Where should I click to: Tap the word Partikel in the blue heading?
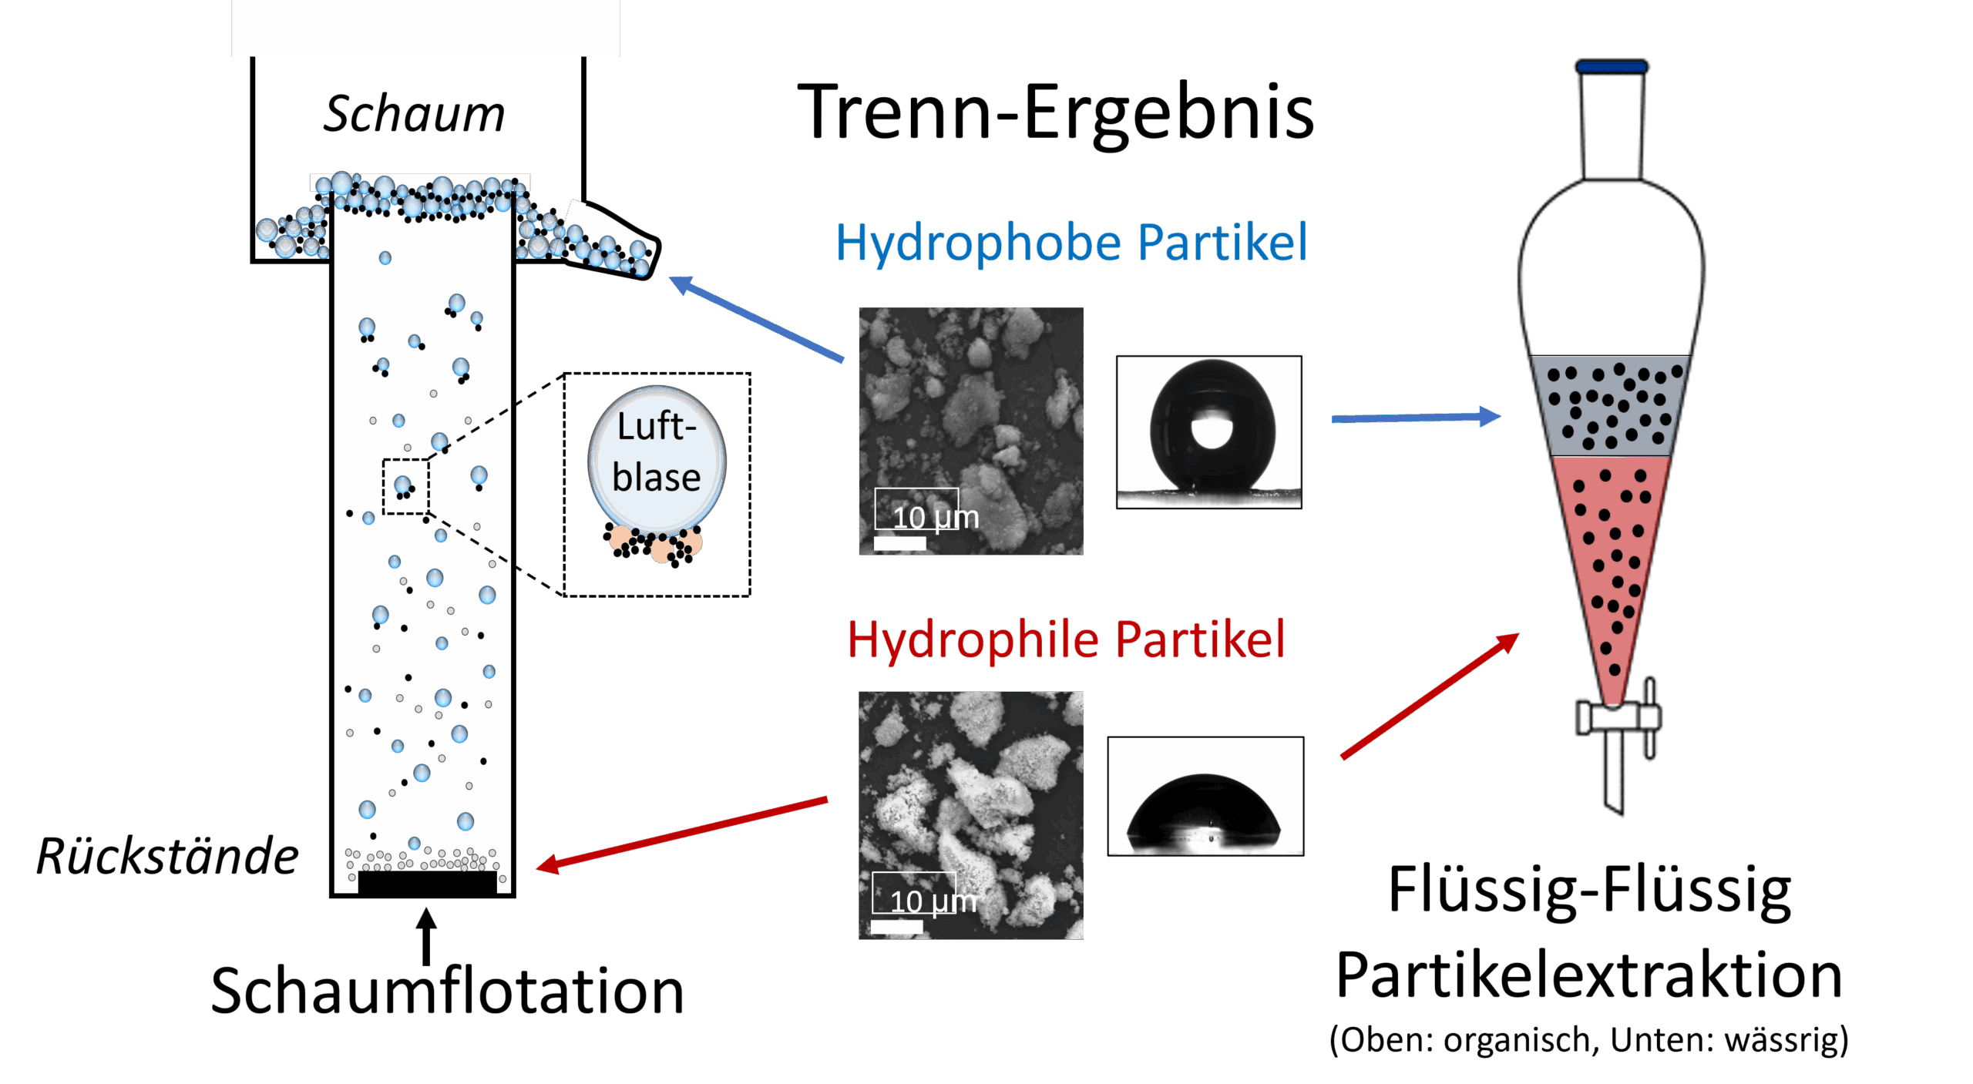(x=1222, y=242)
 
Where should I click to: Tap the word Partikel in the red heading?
(x=1200, y=639)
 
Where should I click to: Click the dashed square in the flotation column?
(x=405, y=486)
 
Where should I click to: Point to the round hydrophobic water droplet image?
(x=1208, y=431)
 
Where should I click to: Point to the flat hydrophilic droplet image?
(x=1205, y=797)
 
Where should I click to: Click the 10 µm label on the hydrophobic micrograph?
(x=935, y=517)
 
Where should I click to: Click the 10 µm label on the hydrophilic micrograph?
(x=933, y=901)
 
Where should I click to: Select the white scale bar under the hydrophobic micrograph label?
(x=899, y=544)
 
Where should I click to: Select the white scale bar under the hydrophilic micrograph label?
(x=896, y=927)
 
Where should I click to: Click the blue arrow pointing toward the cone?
(x=1415, y=418)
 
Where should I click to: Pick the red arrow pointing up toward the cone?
(x=1430, y=696)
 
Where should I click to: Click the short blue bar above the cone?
(x=1612, y=67)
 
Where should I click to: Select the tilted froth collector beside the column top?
(x=609, y=238)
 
